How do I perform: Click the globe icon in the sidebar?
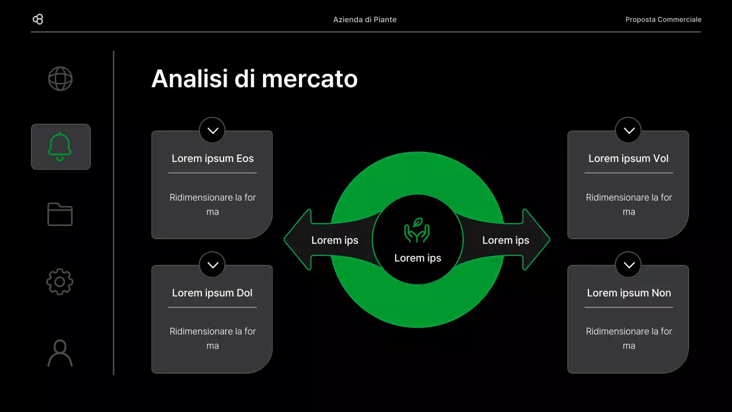[x=60, y=79]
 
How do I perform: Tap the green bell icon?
[x=60, y=146]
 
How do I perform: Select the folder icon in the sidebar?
[x=60, y=214]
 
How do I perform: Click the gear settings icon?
[x=60, y=282]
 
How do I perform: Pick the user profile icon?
[x=60, y=353]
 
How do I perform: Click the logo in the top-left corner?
[x=38, y=19]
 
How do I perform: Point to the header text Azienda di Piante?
[x=365, y=19]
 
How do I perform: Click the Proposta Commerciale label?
[x=663, y=19]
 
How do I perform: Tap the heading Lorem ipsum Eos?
[x=212, y=159]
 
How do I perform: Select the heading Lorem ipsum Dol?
[x=212, y=293]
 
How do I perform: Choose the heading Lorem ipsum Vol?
[x=628, y=159]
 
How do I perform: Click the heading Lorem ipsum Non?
[x=628, y=293]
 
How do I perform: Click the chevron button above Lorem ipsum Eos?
[x=212, y=130]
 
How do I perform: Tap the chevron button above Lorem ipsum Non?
[x=628, y=265]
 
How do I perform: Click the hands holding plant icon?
[x=417, y=230]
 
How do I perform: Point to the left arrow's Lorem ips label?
[x=335, y=240]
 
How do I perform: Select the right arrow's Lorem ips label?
[x=506, y=240]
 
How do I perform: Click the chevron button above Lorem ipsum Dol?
[x=212, y=265]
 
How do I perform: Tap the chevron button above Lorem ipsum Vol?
[x=628, y=130]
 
